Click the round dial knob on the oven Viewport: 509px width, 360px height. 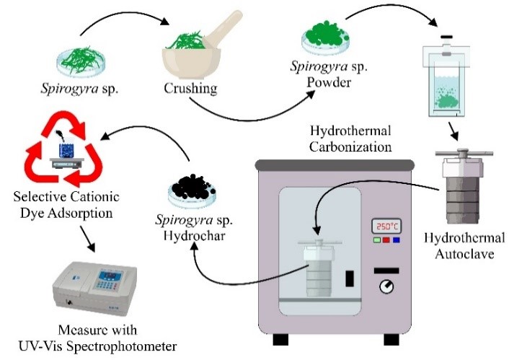click(387, 286)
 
